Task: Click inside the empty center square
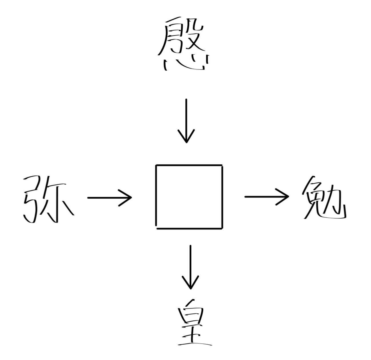(x=189, y=197)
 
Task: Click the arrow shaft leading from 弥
(x=106, y=197)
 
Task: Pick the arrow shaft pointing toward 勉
(x=263, y=197)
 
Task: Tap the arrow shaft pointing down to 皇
(x=190, y=263)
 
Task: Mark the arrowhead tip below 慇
(x=186, y=142)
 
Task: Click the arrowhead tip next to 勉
(x=288, y=197)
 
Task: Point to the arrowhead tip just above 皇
(x=190, y=289)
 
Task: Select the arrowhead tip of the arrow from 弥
(x=131, y=197)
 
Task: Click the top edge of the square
(x=189, y=165)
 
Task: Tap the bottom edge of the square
(x=189, y=228)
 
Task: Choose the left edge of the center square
(x=156, y=197)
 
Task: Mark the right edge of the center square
(x=222, y=197)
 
